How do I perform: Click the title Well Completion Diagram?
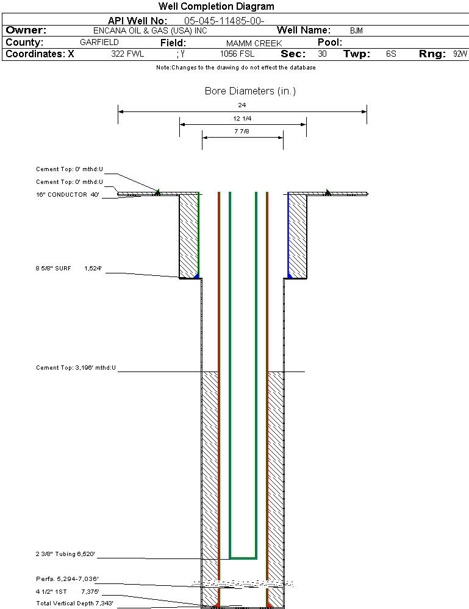click(217, 7)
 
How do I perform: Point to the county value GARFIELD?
click(99, 43)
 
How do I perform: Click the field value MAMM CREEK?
click(254, 43)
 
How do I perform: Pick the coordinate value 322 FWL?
click(127, 54)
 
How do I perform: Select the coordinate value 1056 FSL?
click(237, 54)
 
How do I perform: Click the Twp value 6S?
click(391, 54)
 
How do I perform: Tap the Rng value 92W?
click(460, 54)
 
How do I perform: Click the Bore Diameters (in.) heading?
click(250, 91)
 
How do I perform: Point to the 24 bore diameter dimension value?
click(242, 105)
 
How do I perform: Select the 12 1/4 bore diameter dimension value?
click(242, 118)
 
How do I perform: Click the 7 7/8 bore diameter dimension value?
click(242, 131)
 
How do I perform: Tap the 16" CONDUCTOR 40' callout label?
click(68, 195)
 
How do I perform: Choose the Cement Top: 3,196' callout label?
click(76, 368)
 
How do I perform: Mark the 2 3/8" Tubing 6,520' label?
click(66, 554)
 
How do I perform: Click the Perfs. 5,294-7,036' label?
click(67, 579)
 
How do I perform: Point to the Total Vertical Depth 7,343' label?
click(74, 603)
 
